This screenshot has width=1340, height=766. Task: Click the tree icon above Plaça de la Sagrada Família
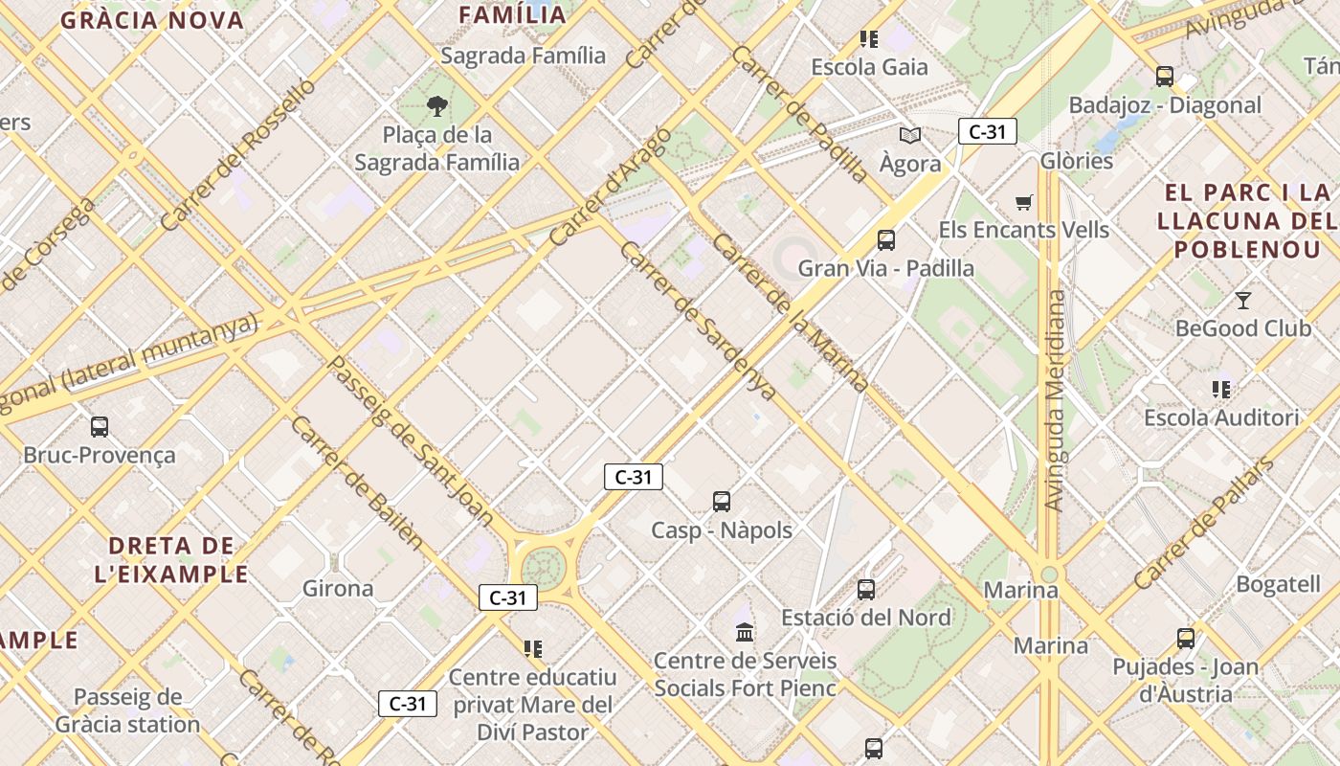[x=437, y=105]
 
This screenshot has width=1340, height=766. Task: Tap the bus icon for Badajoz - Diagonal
[x=1165, y=77]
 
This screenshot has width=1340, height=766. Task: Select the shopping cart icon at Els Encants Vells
[x=1024, y=202]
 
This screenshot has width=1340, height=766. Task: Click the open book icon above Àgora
[x=909, y=136]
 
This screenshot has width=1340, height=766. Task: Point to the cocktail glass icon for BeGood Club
[x=1242, y=301]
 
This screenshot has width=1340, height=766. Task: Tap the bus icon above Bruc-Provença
[x=99, y=427]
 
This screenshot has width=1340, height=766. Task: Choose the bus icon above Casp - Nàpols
[x=722, y=502]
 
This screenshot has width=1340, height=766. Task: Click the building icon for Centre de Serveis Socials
[x=745, y=632]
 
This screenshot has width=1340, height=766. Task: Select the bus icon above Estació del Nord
[x=866, y=590]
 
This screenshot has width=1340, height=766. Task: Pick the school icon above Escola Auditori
[x=1220, y=390]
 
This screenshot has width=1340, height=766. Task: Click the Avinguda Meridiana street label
[x=1055, y=400]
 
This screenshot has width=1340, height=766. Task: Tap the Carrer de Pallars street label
[x=1204, y=524]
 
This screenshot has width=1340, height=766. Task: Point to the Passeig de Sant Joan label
[x=410, y=441]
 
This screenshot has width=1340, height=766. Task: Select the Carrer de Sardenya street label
[x=697, y=320]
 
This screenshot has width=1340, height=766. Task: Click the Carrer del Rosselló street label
[x=237, y=154]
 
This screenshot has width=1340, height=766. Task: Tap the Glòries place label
[x=1077, y=160]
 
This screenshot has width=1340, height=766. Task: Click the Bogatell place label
[x=1278, y=584]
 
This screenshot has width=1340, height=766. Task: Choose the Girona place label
[x=338, y=588]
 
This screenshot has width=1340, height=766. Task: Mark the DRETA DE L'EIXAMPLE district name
[x=171, y=560]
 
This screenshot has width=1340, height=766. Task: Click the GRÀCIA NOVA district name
[x=152, y=20]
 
